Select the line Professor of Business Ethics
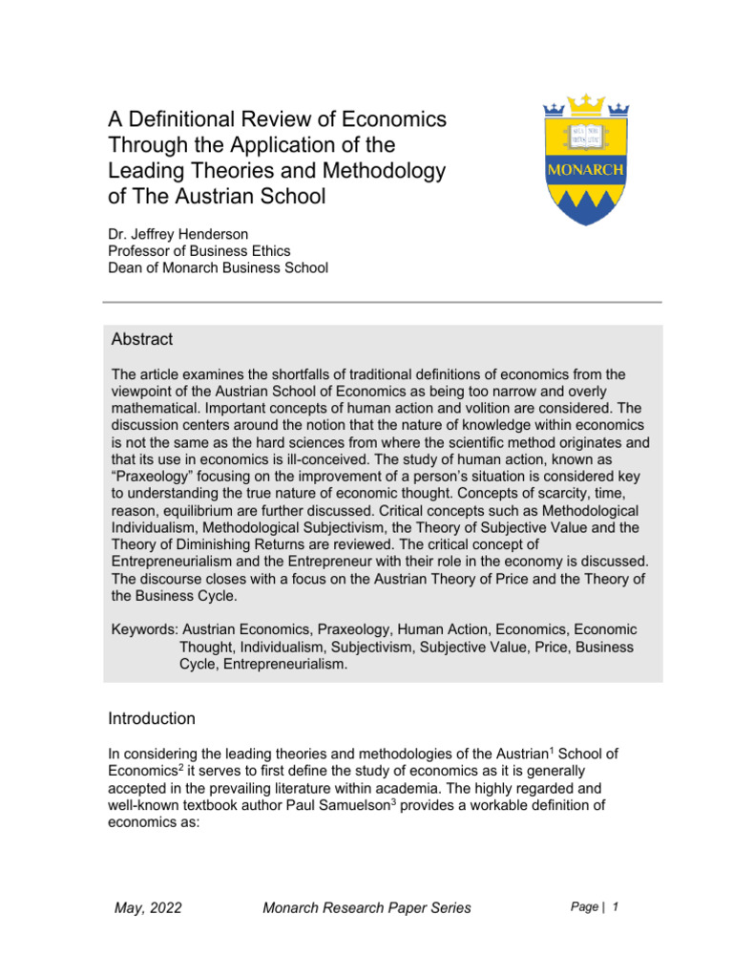(199, 249)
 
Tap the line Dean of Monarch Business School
(219, 267)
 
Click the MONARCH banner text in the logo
(584, 170)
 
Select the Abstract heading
(142, 340)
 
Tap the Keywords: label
(144, 630)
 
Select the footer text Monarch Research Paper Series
(366, 907)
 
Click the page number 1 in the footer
(617, 906)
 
